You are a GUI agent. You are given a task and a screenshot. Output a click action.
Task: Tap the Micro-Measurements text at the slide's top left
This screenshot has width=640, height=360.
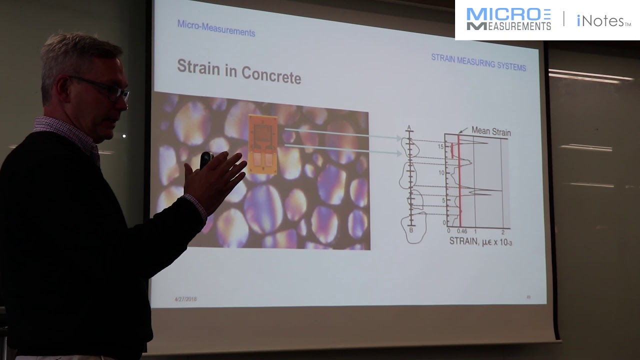[x=216, y=28]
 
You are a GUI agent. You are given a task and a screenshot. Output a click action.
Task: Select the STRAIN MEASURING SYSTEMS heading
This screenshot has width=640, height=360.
[x=478, y=62]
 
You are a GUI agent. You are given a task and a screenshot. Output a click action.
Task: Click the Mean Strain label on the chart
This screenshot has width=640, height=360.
[x=491, y=132]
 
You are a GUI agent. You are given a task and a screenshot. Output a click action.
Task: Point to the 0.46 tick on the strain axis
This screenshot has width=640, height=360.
[x=461, y=231]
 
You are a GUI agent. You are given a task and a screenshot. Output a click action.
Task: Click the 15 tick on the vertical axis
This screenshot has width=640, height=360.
[x=441, y=146]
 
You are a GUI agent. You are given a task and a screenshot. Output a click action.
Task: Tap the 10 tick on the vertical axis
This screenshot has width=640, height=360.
[x=441, y=172]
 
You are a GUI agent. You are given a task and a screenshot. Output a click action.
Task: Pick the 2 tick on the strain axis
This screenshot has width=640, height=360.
[x=502, y=232]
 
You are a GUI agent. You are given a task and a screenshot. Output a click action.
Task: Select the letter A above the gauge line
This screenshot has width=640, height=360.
[x=409, y=128]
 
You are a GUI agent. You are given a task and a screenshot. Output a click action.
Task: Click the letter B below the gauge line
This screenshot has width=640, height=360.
[x=411, y=230]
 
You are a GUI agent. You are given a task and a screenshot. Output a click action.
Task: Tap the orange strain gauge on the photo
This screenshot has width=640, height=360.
[x=263, y=144]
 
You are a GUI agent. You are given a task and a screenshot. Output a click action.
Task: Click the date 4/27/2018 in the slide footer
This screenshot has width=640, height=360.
[x=185, y=299]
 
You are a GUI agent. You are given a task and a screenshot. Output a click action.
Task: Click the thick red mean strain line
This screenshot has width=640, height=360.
[x=459, y=190]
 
